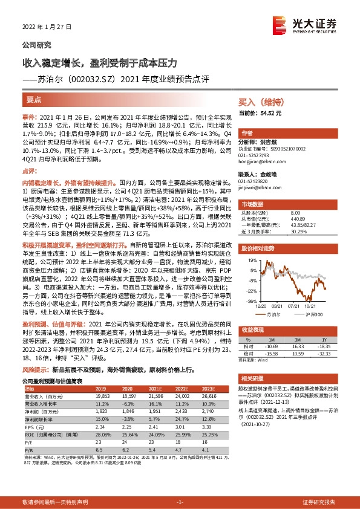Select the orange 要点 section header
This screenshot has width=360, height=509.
point(34,100)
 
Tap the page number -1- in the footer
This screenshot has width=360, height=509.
point(180,502)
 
